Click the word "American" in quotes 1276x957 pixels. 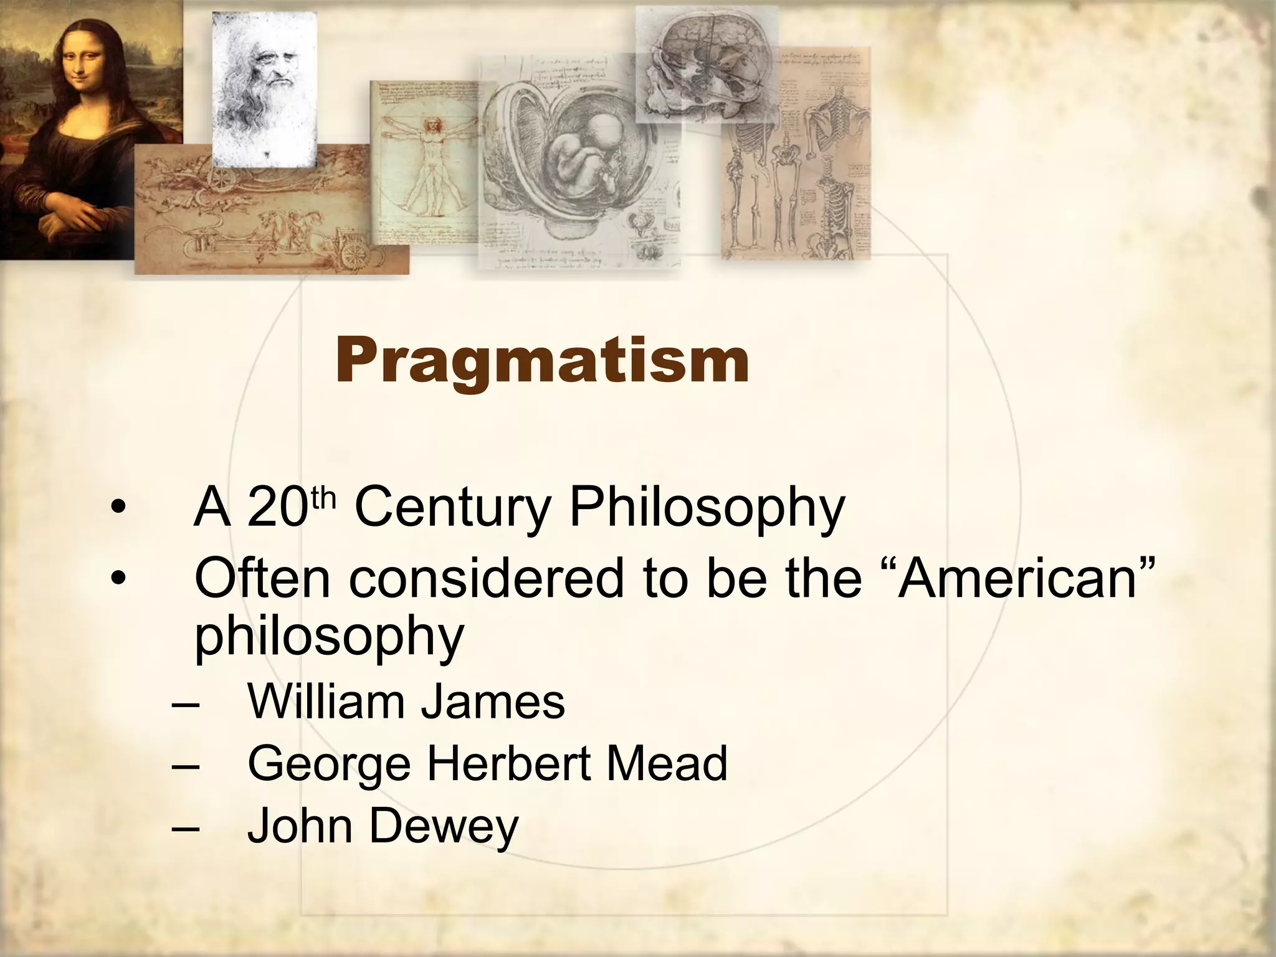click(1022, 578)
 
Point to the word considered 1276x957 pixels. click(486, 578)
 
